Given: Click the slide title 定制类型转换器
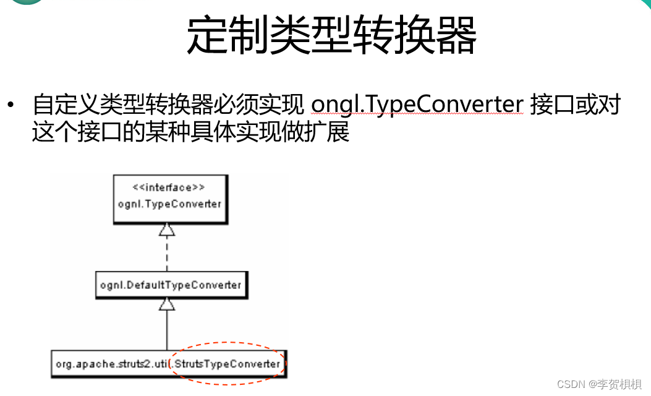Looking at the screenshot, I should (331, 35).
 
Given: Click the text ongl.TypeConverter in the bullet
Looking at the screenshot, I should (417, 105).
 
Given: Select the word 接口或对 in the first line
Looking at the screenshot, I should (575, 105).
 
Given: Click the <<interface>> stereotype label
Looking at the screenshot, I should (169, 188).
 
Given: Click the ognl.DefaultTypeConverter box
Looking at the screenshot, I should (171, 285).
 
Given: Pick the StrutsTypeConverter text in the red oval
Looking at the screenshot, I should (227, 364).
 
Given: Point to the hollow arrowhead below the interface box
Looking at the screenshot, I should (167, 230).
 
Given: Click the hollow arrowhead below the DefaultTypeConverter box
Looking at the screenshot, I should (167, 304).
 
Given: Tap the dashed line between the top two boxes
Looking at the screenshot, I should (167, 254).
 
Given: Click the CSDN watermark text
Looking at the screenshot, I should (570, 384).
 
